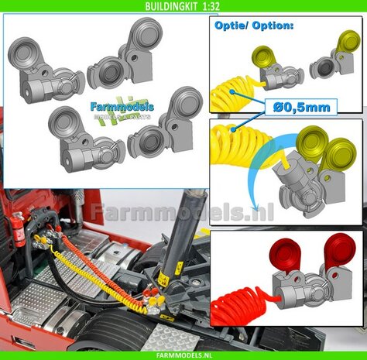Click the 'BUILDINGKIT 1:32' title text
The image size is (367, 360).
pyautogui.click(x=183, y=6)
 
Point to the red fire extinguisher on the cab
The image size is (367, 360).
pyautogui.click(x=18, y=228)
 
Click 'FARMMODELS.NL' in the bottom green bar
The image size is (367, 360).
pyautogui.click(x=183, y=353)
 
